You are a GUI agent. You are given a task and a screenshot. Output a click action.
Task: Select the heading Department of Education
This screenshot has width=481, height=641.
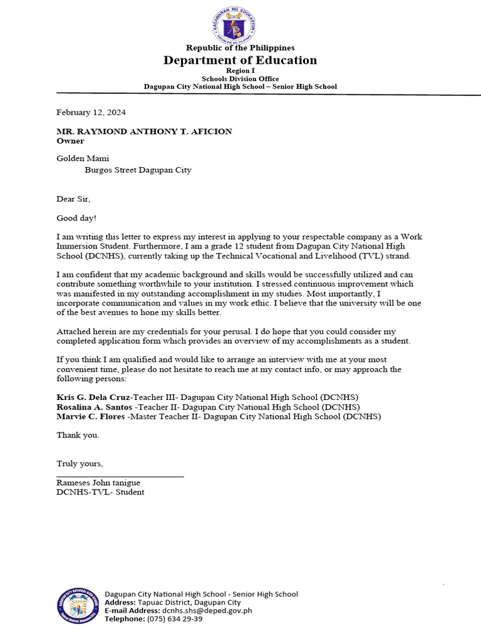pos(240,60)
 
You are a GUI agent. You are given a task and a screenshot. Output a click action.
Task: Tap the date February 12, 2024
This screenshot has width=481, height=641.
pos(91,113)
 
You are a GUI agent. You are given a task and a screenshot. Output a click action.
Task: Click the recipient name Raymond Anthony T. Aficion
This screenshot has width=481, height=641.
pos(144,131)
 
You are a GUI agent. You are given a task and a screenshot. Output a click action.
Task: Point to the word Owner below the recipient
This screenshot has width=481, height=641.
pos(70,141)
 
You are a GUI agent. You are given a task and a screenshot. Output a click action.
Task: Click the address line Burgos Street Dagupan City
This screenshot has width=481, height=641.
pos(138,170)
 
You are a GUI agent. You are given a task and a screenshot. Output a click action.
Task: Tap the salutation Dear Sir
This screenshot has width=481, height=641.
pos(73,199)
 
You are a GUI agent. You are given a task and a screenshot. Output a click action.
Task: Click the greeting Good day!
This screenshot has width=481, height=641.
pos(76,218)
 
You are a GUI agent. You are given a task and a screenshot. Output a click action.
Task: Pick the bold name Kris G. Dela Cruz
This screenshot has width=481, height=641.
pos(93,397)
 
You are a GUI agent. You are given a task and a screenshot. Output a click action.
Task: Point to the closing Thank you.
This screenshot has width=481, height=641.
pos(78,434)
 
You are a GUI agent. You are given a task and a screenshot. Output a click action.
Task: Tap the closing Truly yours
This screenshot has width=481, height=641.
pos(80,464)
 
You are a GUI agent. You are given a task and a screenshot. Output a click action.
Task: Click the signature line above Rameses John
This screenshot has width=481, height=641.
pos(120,477)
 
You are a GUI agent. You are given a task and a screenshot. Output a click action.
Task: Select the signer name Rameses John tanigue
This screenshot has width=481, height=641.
pos(98,483)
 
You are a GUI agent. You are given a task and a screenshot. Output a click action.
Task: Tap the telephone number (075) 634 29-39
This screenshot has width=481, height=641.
pos(175,618)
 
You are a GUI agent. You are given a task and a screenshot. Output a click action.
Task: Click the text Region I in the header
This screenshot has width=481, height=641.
pos(240,71)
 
